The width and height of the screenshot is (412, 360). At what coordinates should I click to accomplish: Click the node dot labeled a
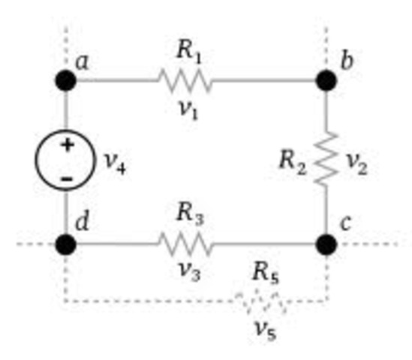tap(66, 81)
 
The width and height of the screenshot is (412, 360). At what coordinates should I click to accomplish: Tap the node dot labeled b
tap(326, 81)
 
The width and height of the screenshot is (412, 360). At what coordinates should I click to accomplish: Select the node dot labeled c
tap(326, 244)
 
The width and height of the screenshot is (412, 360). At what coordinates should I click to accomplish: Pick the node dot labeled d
tap(66, 244)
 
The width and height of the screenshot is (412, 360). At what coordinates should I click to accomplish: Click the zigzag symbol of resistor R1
tap(185, 81)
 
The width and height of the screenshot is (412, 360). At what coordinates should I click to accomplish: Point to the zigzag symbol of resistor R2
tap(326, 159)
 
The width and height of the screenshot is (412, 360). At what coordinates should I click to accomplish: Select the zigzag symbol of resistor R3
tap(185, 244)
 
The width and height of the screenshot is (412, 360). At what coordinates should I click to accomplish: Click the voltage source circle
tap(66, 161)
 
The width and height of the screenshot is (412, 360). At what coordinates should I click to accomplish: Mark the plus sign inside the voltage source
tap(66, 145)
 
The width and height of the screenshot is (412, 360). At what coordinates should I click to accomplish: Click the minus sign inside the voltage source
tap(66, 179)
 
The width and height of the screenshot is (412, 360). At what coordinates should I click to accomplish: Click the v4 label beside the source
tap(114, 163)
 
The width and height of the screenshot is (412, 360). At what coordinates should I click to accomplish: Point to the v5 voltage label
tap(263, 330)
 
